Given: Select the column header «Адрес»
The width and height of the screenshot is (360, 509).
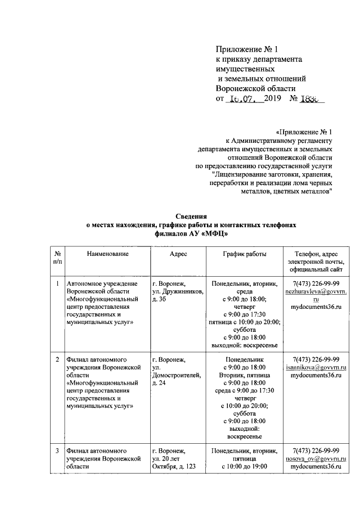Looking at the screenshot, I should click(x=178, y=254).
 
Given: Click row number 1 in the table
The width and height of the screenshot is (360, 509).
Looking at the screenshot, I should click(x=58, y=284).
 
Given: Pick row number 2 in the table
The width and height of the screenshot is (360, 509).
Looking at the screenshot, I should click(x=58, y=358).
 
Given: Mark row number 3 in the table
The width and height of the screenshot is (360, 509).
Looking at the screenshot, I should click(x=58, y=451).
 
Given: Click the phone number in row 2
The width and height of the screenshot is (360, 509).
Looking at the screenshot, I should click(x=316, y=359).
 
